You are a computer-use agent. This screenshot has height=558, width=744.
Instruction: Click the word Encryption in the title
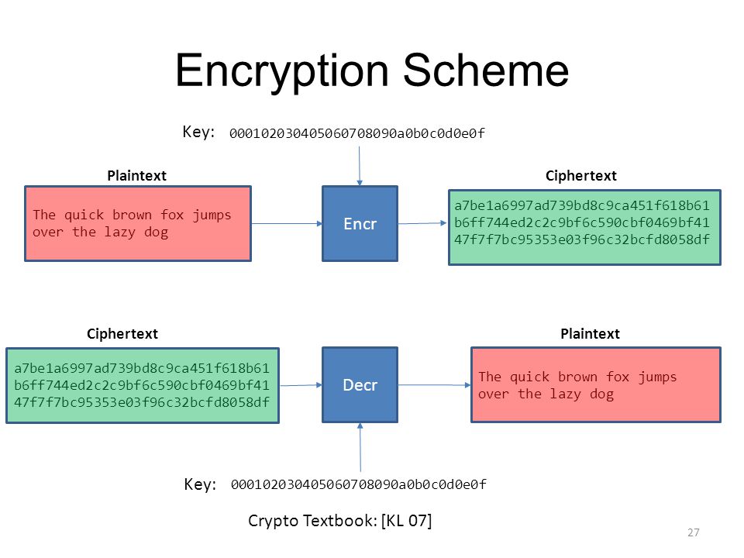282,71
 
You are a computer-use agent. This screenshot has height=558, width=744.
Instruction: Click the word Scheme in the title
485,71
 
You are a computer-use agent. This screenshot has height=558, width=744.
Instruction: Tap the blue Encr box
360,223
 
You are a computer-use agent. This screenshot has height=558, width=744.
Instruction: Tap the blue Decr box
360,385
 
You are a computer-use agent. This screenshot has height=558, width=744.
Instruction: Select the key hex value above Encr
356,133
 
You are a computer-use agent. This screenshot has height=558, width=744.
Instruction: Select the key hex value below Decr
358,484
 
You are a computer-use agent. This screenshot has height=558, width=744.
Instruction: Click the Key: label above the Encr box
199,132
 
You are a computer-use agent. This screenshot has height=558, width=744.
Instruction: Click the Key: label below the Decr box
200,484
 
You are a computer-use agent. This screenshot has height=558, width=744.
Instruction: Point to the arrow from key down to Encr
359,166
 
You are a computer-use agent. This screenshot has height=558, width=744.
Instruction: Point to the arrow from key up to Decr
360,447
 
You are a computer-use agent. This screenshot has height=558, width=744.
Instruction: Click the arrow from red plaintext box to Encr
287,223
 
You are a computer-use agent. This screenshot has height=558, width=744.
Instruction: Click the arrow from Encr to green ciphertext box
422,223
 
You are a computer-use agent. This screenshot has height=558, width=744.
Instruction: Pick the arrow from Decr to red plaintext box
434,385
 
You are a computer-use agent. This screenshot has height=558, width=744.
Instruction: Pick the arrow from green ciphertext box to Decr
301,385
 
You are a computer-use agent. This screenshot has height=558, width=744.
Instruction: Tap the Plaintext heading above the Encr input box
136,176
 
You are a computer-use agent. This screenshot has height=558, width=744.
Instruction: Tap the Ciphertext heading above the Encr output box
580,176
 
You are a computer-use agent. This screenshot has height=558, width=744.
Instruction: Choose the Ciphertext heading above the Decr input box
122,334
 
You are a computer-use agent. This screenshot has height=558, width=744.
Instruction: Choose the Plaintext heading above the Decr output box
590,334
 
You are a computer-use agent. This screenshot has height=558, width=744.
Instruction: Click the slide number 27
693,532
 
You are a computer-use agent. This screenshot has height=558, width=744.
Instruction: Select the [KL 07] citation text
406,521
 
